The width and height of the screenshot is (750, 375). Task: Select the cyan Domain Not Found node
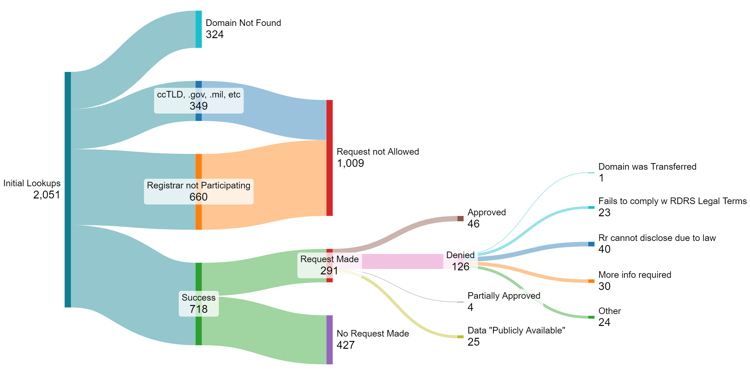coord(198,29)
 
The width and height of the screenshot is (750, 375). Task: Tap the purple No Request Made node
coord(329,340)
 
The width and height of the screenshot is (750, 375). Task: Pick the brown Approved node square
coord(460,218)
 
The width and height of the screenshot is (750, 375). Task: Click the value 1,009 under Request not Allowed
coord(350,163)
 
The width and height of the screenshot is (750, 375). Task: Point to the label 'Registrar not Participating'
coord(198,185)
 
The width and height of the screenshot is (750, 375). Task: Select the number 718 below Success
coord(198,309)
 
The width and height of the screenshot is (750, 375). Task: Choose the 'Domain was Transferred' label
coord(647,167)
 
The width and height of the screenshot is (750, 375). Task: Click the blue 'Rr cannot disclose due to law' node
coord(591,244)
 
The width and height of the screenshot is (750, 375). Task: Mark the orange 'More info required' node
coord(591,281)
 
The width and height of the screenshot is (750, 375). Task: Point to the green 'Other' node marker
coord(591,317)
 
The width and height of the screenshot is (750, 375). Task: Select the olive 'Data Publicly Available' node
coord(460,337)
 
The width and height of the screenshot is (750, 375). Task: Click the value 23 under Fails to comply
coord(604,212)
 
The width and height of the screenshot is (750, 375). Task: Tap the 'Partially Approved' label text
coord(504,296)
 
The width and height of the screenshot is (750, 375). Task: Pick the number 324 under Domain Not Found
coord(215,34)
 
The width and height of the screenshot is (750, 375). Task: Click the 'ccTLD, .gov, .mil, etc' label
coord(198,94)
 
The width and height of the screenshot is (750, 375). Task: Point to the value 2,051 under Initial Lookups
coord(47,195)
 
